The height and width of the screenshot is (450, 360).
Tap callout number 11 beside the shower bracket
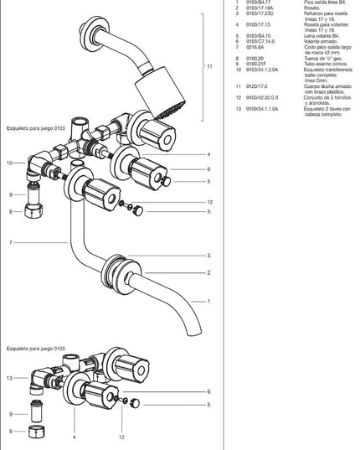point(210,66)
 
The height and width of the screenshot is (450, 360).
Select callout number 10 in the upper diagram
point(9,163)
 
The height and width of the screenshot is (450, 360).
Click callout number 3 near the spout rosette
point(208,256)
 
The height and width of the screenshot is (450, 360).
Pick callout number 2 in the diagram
point(208,272)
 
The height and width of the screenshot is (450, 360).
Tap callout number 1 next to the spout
point(208,301)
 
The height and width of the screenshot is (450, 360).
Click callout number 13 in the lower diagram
point(9,378)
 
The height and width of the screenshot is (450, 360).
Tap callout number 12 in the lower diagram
point(121,437)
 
